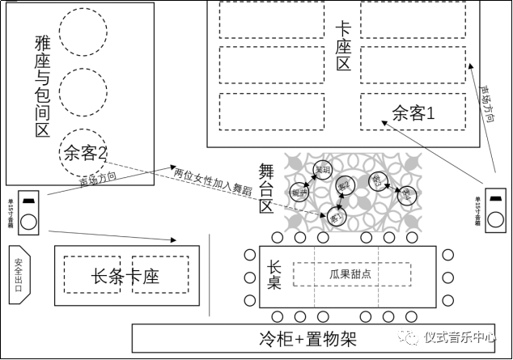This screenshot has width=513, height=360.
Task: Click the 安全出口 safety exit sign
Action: (x=19, y=273)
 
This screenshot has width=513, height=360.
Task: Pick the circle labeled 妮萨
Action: (x=299, y=193)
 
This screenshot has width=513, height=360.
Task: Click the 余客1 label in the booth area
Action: (x=413, y=113)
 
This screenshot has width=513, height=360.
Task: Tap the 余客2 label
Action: (x=86, y=152)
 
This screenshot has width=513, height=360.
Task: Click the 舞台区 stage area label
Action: (x=268, y=188)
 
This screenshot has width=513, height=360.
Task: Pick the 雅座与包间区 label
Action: (x=42, y=84)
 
